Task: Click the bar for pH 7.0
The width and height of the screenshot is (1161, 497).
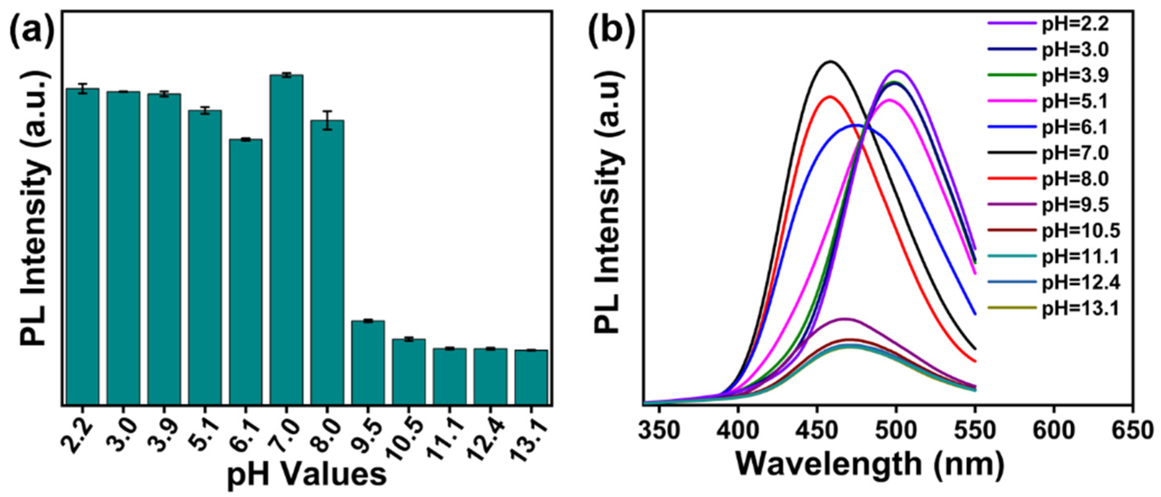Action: (286, 239)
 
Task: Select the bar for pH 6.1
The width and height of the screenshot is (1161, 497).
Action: (245, 270)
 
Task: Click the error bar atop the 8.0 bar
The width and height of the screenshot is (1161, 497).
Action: (328, 120)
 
